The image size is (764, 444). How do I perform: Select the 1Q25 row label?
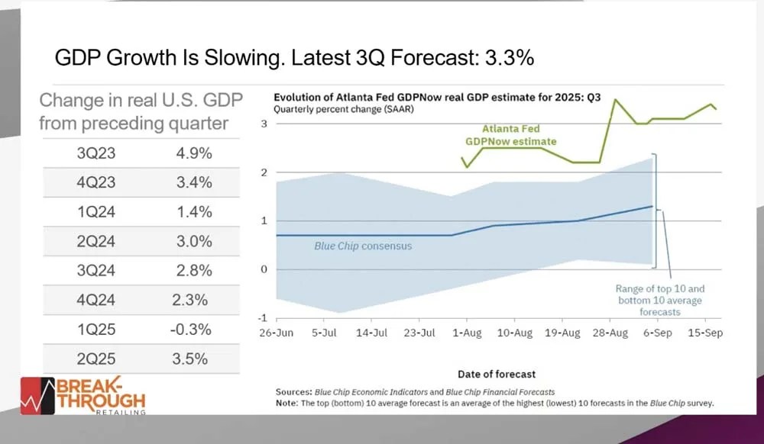(95, 330)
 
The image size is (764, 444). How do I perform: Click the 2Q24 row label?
(95, 242)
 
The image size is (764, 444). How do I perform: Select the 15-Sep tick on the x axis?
(704, 333)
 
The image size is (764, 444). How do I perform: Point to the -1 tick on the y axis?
(261, 318)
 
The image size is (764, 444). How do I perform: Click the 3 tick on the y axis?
(263, 124)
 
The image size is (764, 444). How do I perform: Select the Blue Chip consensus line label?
(352, 246)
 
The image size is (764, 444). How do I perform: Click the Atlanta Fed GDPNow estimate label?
(511, 135)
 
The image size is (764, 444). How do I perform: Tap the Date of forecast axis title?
(497, 374)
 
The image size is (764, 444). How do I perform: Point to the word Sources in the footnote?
(293, 392)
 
